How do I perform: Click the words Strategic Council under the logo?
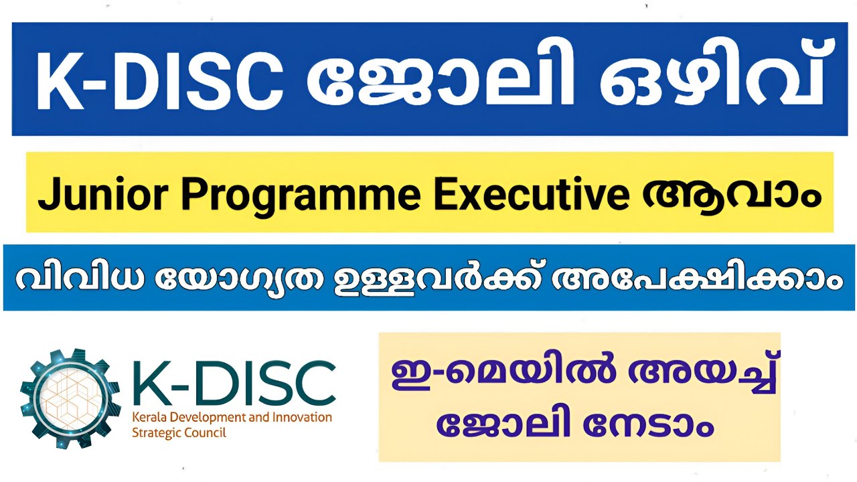tap(179, 432)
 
